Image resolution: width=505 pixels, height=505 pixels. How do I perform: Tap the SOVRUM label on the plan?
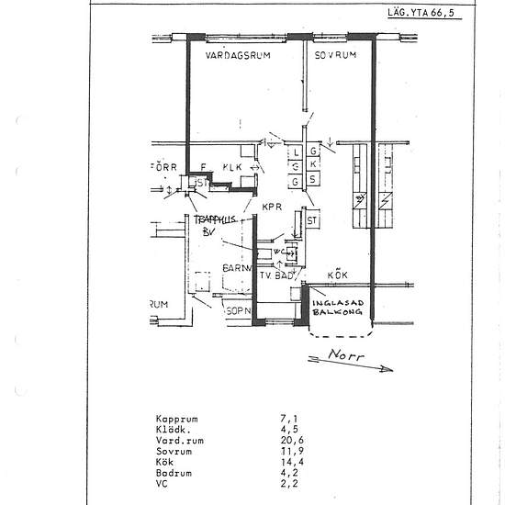pos(334,55)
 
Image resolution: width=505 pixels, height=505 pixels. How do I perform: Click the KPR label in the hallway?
pos(271,208)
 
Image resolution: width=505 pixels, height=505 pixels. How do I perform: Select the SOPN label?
pos(239,311)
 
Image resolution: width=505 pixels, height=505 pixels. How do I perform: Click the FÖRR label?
pos(163,167)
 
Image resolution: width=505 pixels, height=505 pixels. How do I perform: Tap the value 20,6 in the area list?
pos(290,440)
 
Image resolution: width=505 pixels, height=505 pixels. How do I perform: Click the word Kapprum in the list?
pos(176,418)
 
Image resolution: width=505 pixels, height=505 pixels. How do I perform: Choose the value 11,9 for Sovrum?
pos(290,451)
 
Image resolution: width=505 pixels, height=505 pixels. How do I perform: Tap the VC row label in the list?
pos(162,484)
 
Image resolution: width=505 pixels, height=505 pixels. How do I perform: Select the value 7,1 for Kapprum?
pos(288,418)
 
